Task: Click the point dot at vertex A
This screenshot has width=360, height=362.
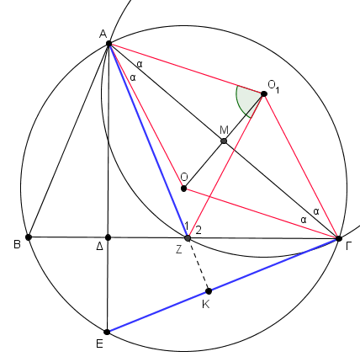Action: tap(109, 44)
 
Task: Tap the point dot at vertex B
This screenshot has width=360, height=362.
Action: tap(29, 237)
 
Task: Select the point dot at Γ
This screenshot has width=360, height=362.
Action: tap(339, 239)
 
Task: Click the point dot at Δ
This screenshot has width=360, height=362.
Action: tap(108, 237)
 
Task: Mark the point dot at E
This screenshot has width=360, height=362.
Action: tap(107, 332)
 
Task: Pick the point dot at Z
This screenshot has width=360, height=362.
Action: tap(188, 238)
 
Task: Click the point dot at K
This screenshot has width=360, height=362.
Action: tap(209, 291)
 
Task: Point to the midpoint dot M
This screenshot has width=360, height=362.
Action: tap(224, 141)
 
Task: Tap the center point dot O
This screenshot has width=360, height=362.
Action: tap(183, 189)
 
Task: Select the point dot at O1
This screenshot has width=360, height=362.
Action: tap(264, 93)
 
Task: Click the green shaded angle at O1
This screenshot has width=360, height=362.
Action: tap(247, 100)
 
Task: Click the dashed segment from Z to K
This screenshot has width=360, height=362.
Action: tap(199, 265)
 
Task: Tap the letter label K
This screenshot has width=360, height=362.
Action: tap(206, 304)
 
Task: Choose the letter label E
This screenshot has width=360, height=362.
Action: tap(99, 343)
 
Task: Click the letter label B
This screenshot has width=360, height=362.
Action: tap(17, 244)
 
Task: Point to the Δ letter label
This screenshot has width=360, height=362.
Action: tap(99, 247)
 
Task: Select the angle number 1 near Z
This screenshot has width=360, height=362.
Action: tap(186, 226)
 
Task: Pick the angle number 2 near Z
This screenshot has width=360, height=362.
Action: tap(199, 230)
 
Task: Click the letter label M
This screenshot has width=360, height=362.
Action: tap(225, 130)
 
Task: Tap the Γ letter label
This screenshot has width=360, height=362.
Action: tap(349, 246)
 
